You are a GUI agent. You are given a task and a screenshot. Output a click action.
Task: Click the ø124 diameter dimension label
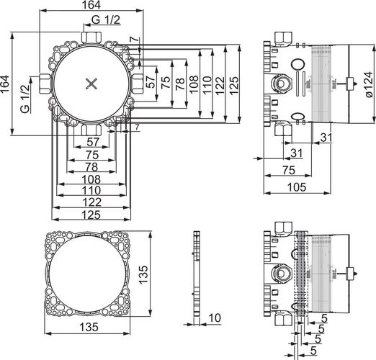(370, 84)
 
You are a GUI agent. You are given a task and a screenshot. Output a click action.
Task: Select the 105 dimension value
(297, 187)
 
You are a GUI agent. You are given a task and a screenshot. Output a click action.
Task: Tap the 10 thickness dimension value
(215, 318)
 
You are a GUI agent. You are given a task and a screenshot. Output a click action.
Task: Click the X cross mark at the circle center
(91, 84)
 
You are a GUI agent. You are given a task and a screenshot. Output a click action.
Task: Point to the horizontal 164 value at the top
(91, 5)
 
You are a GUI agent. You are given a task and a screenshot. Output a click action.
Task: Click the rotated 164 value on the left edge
(5, 84)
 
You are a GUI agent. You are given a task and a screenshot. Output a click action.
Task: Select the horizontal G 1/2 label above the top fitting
(106, 19)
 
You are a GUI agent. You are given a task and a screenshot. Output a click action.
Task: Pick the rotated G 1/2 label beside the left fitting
(25, 99)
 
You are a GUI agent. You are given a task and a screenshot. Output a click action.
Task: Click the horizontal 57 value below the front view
(93, 142)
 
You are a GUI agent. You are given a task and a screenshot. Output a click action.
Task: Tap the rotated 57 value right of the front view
(151, 81)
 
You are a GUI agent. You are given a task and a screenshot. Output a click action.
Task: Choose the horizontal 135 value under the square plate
(89, 327)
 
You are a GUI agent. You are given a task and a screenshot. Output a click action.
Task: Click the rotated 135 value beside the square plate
(143, 274)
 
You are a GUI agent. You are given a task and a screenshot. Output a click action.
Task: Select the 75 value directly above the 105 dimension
(288, 171)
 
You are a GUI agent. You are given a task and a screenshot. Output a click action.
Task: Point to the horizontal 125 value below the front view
(91, 215)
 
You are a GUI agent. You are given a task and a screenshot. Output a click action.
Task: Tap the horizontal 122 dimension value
(91, 202)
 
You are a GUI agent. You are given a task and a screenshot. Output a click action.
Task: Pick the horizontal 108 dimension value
(91, 179)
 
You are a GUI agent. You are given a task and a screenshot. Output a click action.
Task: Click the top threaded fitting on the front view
(91, 37)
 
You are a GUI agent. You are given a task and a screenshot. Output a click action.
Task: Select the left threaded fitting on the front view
(45, 84)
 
